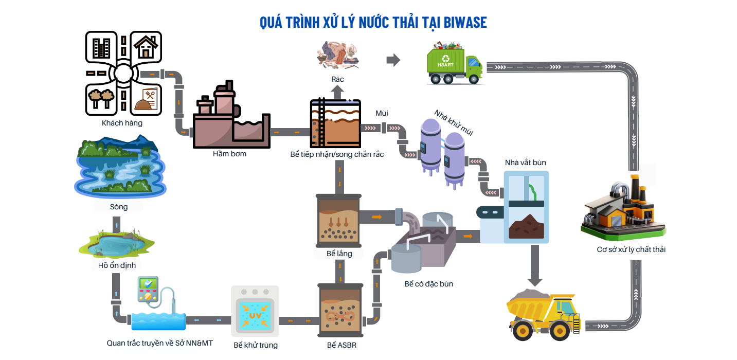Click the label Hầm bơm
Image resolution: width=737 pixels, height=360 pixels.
pos(229,154)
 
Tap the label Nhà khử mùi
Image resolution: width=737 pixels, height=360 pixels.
pos(453,122)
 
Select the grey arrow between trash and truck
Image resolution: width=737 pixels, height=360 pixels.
pos(393,60)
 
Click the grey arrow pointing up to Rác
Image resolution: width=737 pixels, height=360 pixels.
pos(337,92)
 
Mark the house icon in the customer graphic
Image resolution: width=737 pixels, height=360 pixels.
pos(146,47)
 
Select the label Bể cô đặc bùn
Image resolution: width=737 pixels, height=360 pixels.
pos(429,284)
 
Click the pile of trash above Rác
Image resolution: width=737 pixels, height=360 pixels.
pos(337,56)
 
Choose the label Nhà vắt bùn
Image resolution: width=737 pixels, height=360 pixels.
pos(525,163)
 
